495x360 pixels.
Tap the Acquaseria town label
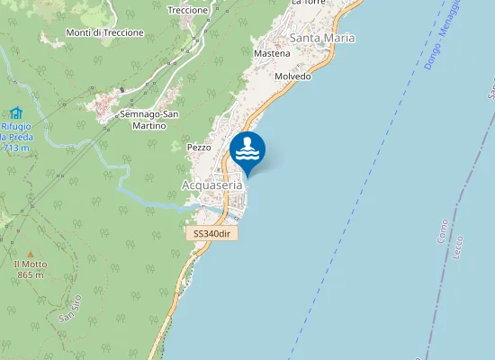212,184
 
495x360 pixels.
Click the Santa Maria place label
321,38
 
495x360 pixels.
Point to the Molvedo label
293,76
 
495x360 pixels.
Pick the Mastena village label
272,54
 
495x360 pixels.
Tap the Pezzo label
199,147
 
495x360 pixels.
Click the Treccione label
188,10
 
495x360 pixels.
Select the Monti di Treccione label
105,32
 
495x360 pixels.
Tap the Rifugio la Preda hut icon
15,113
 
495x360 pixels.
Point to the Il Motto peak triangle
30,255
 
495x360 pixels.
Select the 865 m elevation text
30,274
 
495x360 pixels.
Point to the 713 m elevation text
17,147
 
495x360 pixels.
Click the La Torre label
308,3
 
